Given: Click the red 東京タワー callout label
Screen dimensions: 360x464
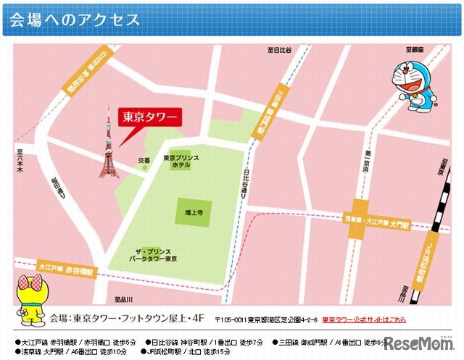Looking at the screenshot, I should [x=146, y=116].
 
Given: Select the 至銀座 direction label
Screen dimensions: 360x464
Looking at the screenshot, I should [x=414, y=50].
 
